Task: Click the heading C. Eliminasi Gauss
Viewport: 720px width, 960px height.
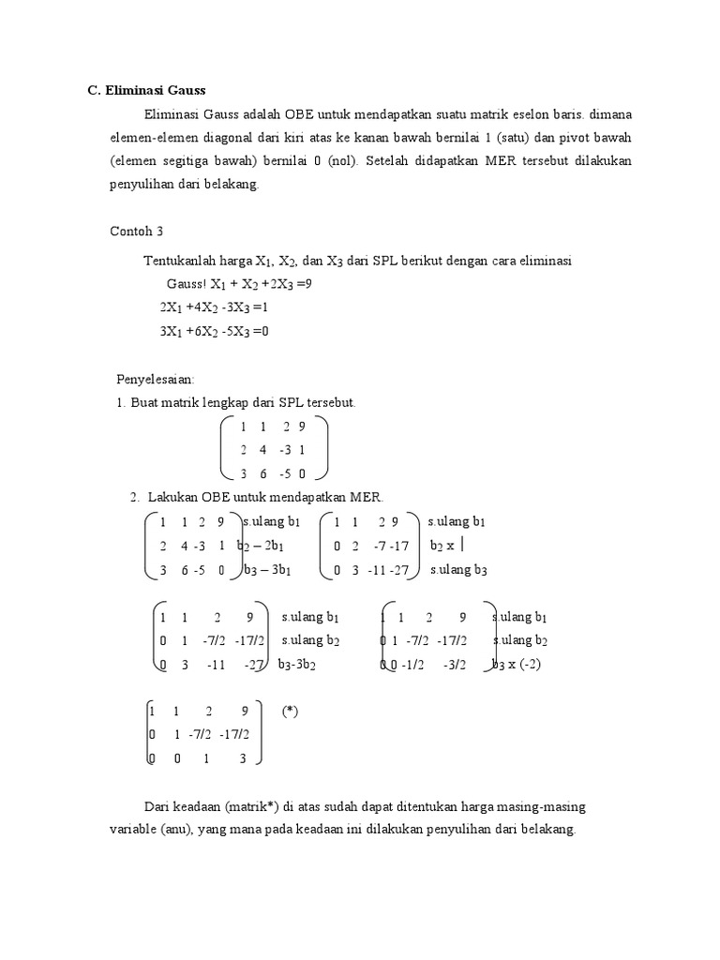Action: point(146,91)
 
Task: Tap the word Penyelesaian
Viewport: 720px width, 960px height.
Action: point(155,380)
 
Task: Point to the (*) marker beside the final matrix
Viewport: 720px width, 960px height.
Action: point(290,712)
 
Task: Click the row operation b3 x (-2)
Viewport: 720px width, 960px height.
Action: point(517,665)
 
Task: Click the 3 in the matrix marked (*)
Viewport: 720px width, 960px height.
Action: point(242,759)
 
